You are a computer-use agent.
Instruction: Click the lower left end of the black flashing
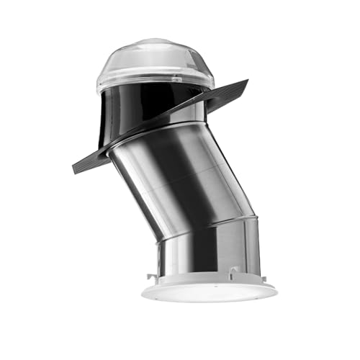74,167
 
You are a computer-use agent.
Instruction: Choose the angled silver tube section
180,173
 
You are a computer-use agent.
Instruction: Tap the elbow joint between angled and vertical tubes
209,223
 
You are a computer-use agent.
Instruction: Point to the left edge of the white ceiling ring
143,290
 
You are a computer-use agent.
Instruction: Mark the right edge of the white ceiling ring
276,290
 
